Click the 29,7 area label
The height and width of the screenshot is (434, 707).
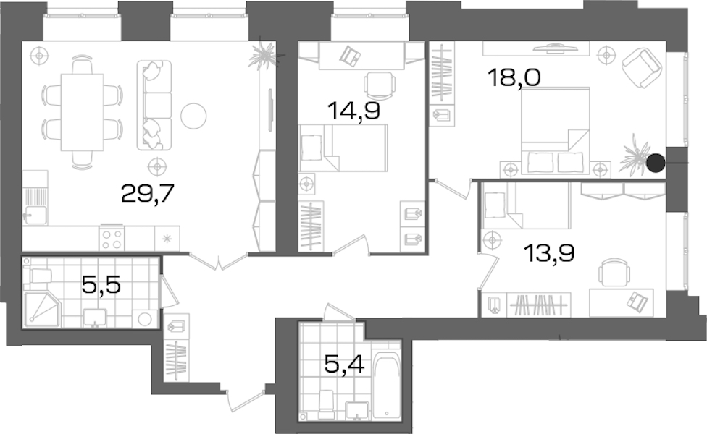coord(148,195)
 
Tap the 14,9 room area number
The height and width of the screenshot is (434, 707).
coord(354,111)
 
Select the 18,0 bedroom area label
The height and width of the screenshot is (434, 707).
coord(514,78)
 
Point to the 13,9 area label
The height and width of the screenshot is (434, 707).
coord(548,253)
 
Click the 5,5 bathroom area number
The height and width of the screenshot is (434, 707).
coord(101,284)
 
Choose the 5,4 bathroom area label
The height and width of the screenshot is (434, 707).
coord(345,364)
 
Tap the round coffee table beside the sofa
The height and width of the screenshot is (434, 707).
coord(193,116)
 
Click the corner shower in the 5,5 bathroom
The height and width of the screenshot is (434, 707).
coord(41,308)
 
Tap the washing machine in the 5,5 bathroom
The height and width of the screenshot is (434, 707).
coord(145,319)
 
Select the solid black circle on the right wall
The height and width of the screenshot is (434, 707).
coord(656,163)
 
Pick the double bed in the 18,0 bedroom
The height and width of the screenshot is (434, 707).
coord(556,130)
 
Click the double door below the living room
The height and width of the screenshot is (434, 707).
coord(219,262)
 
